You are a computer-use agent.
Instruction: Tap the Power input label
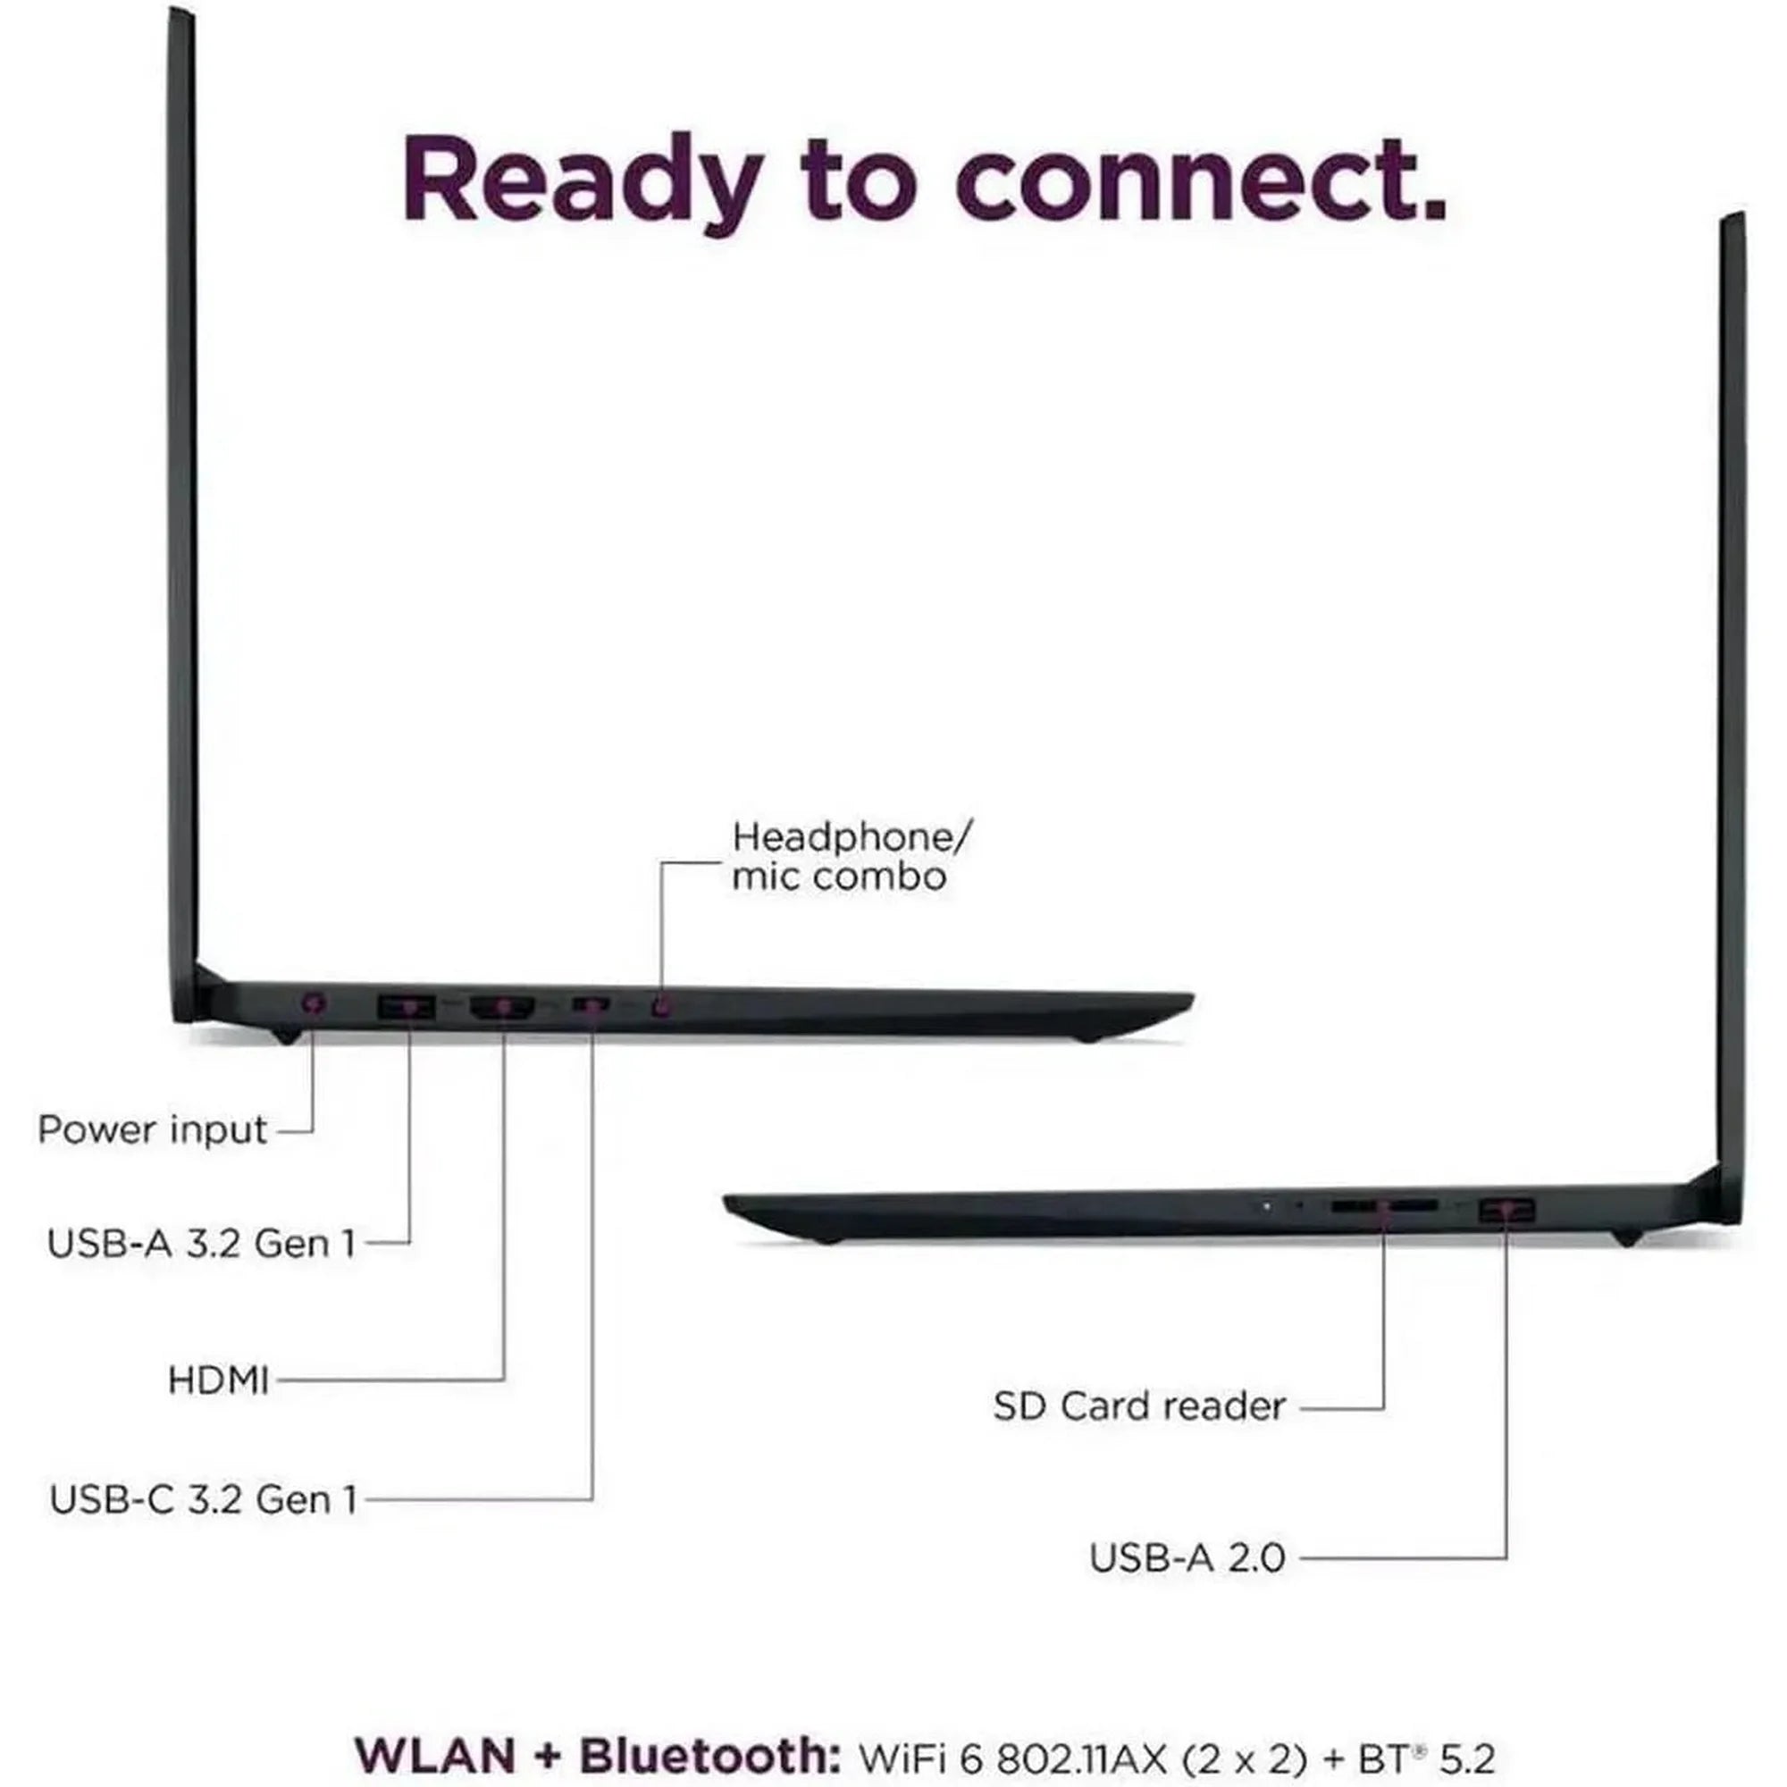153,1131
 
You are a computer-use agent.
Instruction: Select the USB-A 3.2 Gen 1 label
202,1243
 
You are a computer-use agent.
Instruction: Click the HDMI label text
218,1380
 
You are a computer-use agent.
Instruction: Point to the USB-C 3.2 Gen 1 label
204,1499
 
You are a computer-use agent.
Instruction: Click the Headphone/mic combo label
851,857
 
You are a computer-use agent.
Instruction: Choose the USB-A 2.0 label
1187,1558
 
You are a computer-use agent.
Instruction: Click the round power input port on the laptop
315,1003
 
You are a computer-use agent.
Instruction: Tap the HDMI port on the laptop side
503,1006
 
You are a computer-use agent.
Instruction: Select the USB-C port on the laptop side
590,1003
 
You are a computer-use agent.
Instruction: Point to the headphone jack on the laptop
660,1005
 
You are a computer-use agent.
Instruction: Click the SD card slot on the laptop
1384,1207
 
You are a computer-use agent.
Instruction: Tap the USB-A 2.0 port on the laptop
1506,1210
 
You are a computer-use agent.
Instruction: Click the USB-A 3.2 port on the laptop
406,1006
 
